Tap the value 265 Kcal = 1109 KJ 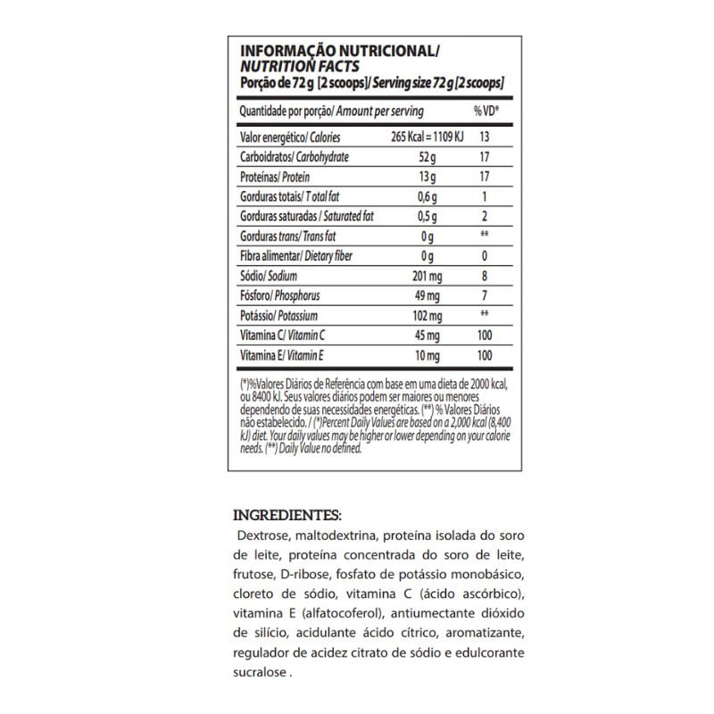point(429,137)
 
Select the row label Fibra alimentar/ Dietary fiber point(296,257)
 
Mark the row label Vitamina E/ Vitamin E point(282,356)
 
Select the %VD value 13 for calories point(486,137)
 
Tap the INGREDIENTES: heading point(287,515)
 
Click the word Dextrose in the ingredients point(264,537)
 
